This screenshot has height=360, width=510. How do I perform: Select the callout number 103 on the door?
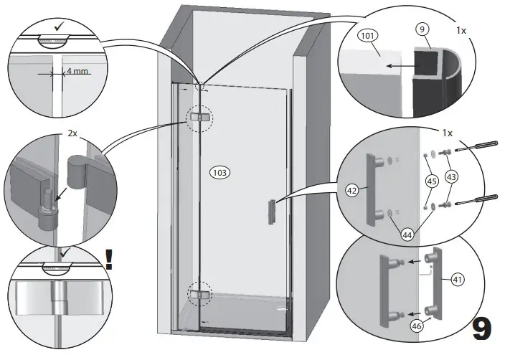(219, 172)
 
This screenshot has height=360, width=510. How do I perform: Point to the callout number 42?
(352, 191)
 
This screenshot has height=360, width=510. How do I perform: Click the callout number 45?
(431, 181)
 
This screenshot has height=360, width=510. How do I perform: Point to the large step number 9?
(482, 330)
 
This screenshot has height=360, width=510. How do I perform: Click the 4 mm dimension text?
(77, 72)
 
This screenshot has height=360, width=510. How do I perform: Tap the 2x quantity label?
(72, 134)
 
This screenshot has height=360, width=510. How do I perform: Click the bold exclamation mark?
(109, 259)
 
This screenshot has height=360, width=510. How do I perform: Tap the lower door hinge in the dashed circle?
(200, 295)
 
